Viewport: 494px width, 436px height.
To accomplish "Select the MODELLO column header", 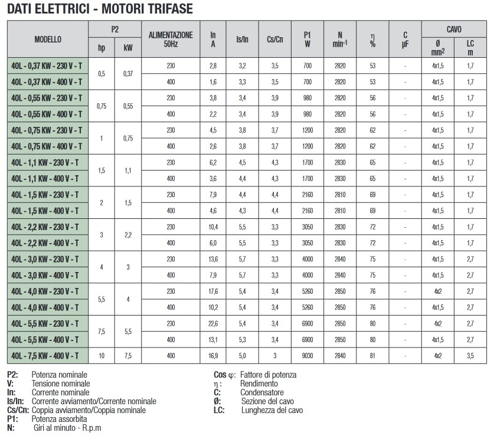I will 47,40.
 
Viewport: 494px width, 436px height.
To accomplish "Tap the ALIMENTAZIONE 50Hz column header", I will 171,40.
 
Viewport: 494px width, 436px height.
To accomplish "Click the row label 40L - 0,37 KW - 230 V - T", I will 47,65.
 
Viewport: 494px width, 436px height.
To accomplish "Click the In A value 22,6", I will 213,323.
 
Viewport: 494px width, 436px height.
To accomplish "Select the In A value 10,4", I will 213,226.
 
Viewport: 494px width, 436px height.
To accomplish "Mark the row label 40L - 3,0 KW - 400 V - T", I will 47,274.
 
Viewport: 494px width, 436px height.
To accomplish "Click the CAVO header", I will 454,29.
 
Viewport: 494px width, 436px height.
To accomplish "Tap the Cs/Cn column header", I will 274,40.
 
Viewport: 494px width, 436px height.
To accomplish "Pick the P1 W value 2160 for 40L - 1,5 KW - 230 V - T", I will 307,194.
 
